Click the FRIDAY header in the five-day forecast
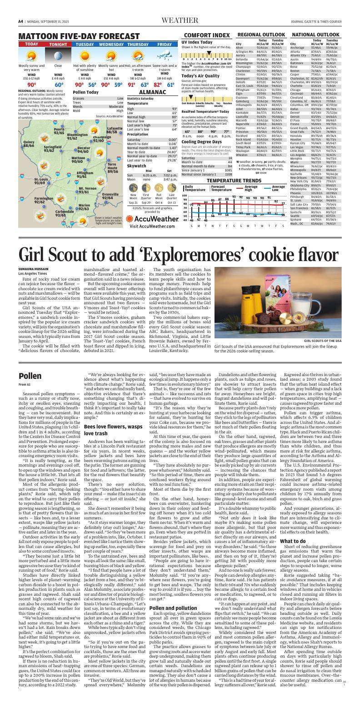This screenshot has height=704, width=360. [165, 44]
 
